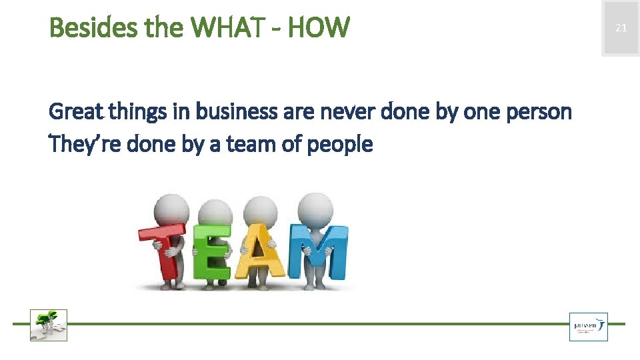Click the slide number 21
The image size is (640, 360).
[x=621, y=28]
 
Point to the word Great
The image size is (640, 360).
[x=75, y=111]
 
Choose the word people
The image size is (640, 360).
[x=341, y=143]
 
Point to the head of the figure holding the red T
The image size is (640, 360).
[x=171, y=210]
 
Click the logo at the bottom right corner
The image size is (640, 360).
[x=588, y=327]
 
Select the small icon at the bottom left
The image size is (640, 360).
[x=49, y=325]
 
